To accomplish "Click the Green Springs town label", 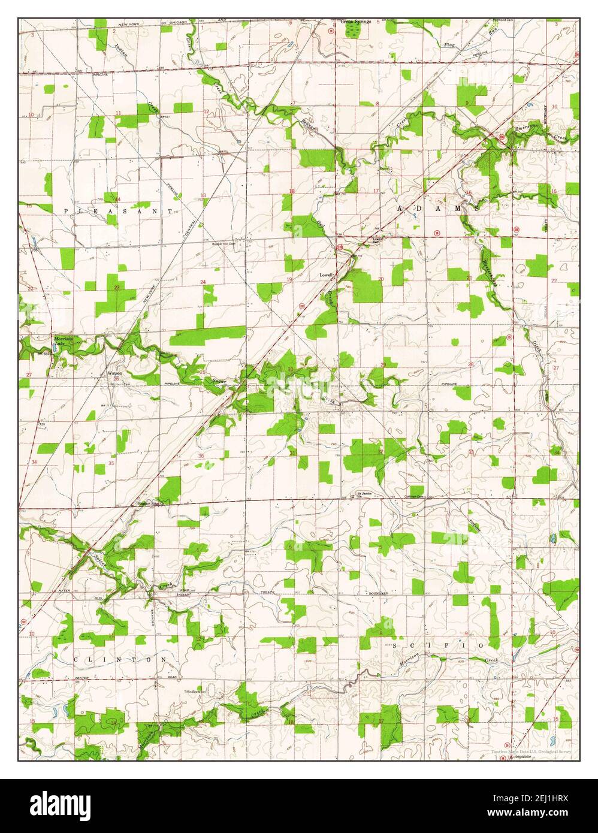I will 356,22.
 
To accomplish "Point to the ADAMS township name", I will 436,209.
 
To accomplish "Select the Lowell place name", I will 326,275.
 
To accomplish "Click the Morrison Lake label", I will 62,340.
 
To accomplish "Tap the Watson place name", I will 114,373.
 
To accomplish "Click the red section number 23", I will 117,288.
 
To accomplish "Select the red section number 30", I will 290,369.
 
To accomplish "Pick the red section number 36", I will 201,456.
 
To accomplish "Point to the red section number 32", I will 380,451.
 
